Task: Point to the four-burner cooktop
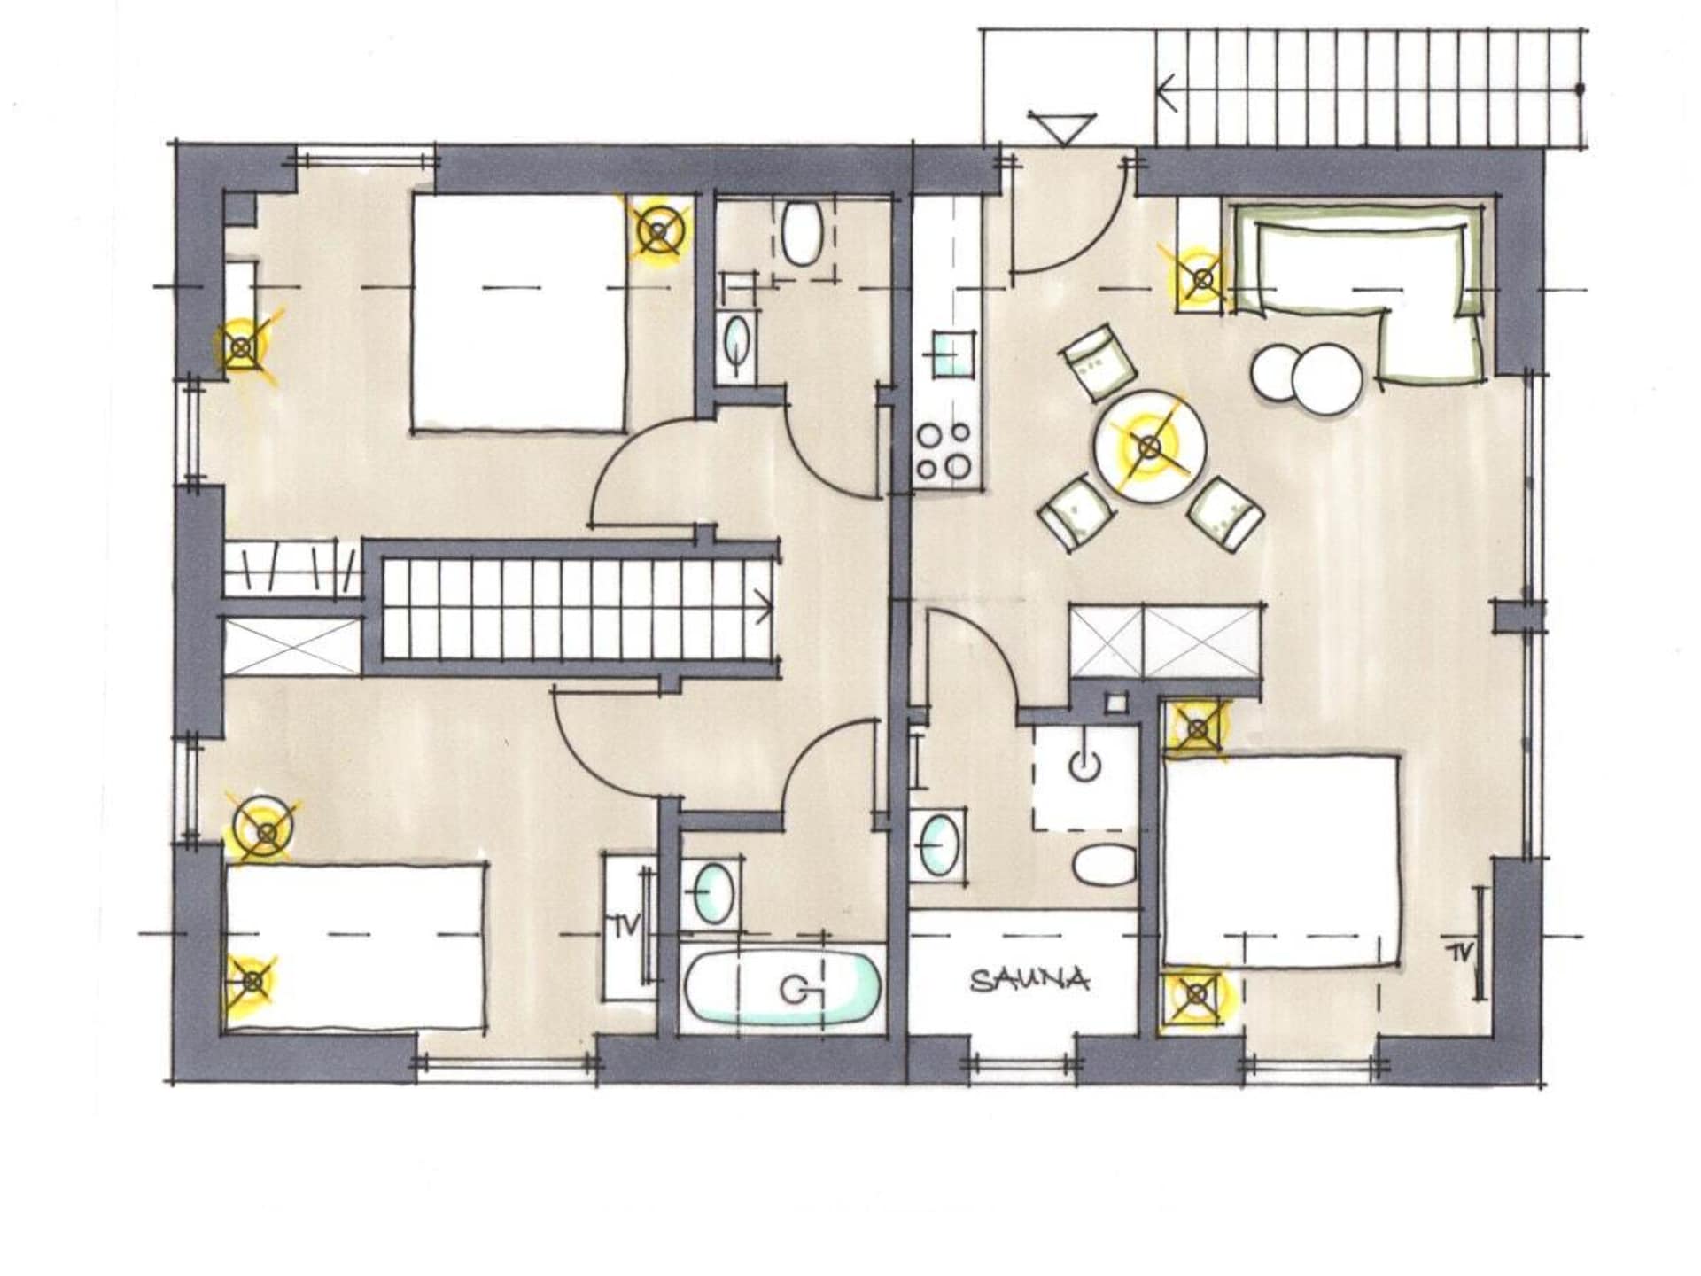coord(946,450)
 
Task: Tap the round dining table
coord(1148,447)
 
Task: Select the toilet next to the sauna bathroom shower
coord(1103,865)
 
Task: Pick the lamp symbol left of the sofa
coord(1201,280)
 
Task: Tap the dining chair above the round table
coord(1099,359)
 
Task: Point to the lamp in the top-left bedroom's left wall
coord(240,348)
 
